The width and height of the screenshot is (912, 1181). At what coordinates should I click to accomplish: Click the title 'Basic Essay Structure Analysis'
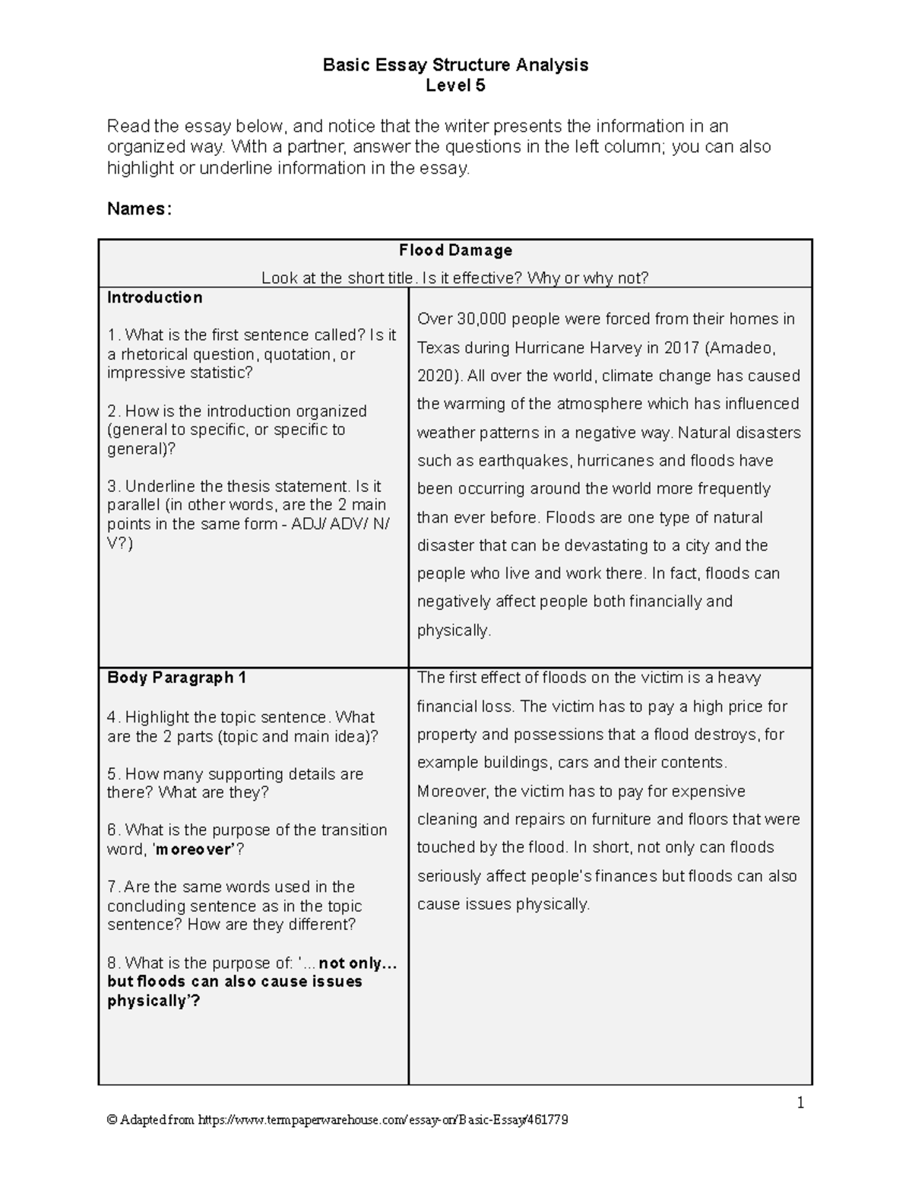tap(455, 65)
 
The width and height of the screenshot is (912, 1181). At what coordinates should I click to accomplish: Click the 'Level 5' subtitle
tap(455, 86)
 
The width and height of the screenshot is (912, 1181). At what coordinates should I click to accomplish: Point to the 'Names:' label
tap(139, 209)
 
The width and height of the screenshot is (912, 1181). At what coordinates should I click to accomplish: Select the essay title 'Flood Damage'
tap(455, 250)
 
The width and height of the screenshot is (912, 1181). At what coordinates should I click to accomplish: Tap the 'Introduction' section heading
tap(154, 297)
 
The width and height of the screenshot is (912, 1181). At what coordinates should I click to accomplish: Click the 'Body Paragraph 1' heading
tap(176, 678)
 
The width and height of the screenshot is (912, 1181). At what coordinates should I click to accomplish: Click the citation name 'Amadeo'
tap(739, 348)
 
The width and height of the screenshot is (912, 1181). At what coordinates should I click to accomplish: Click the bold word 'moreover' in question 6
tap(193, 849)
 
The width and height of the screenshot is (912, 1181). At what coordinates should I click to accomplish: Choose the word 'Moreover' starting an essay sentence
tap(452, 792)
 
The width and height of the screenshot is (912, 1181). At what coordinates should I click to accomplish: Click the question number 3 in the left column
tap(112, 487)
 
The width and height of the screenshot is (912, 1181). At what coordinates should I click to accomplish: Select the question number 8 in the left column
tap(112, 964)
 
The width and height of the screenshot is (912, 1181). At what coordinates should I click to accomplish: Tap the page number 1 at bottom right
tap(800, 1103)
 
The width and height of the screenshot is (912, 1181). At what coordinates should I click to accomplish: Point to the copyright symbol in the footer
tap(112, 1120)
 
